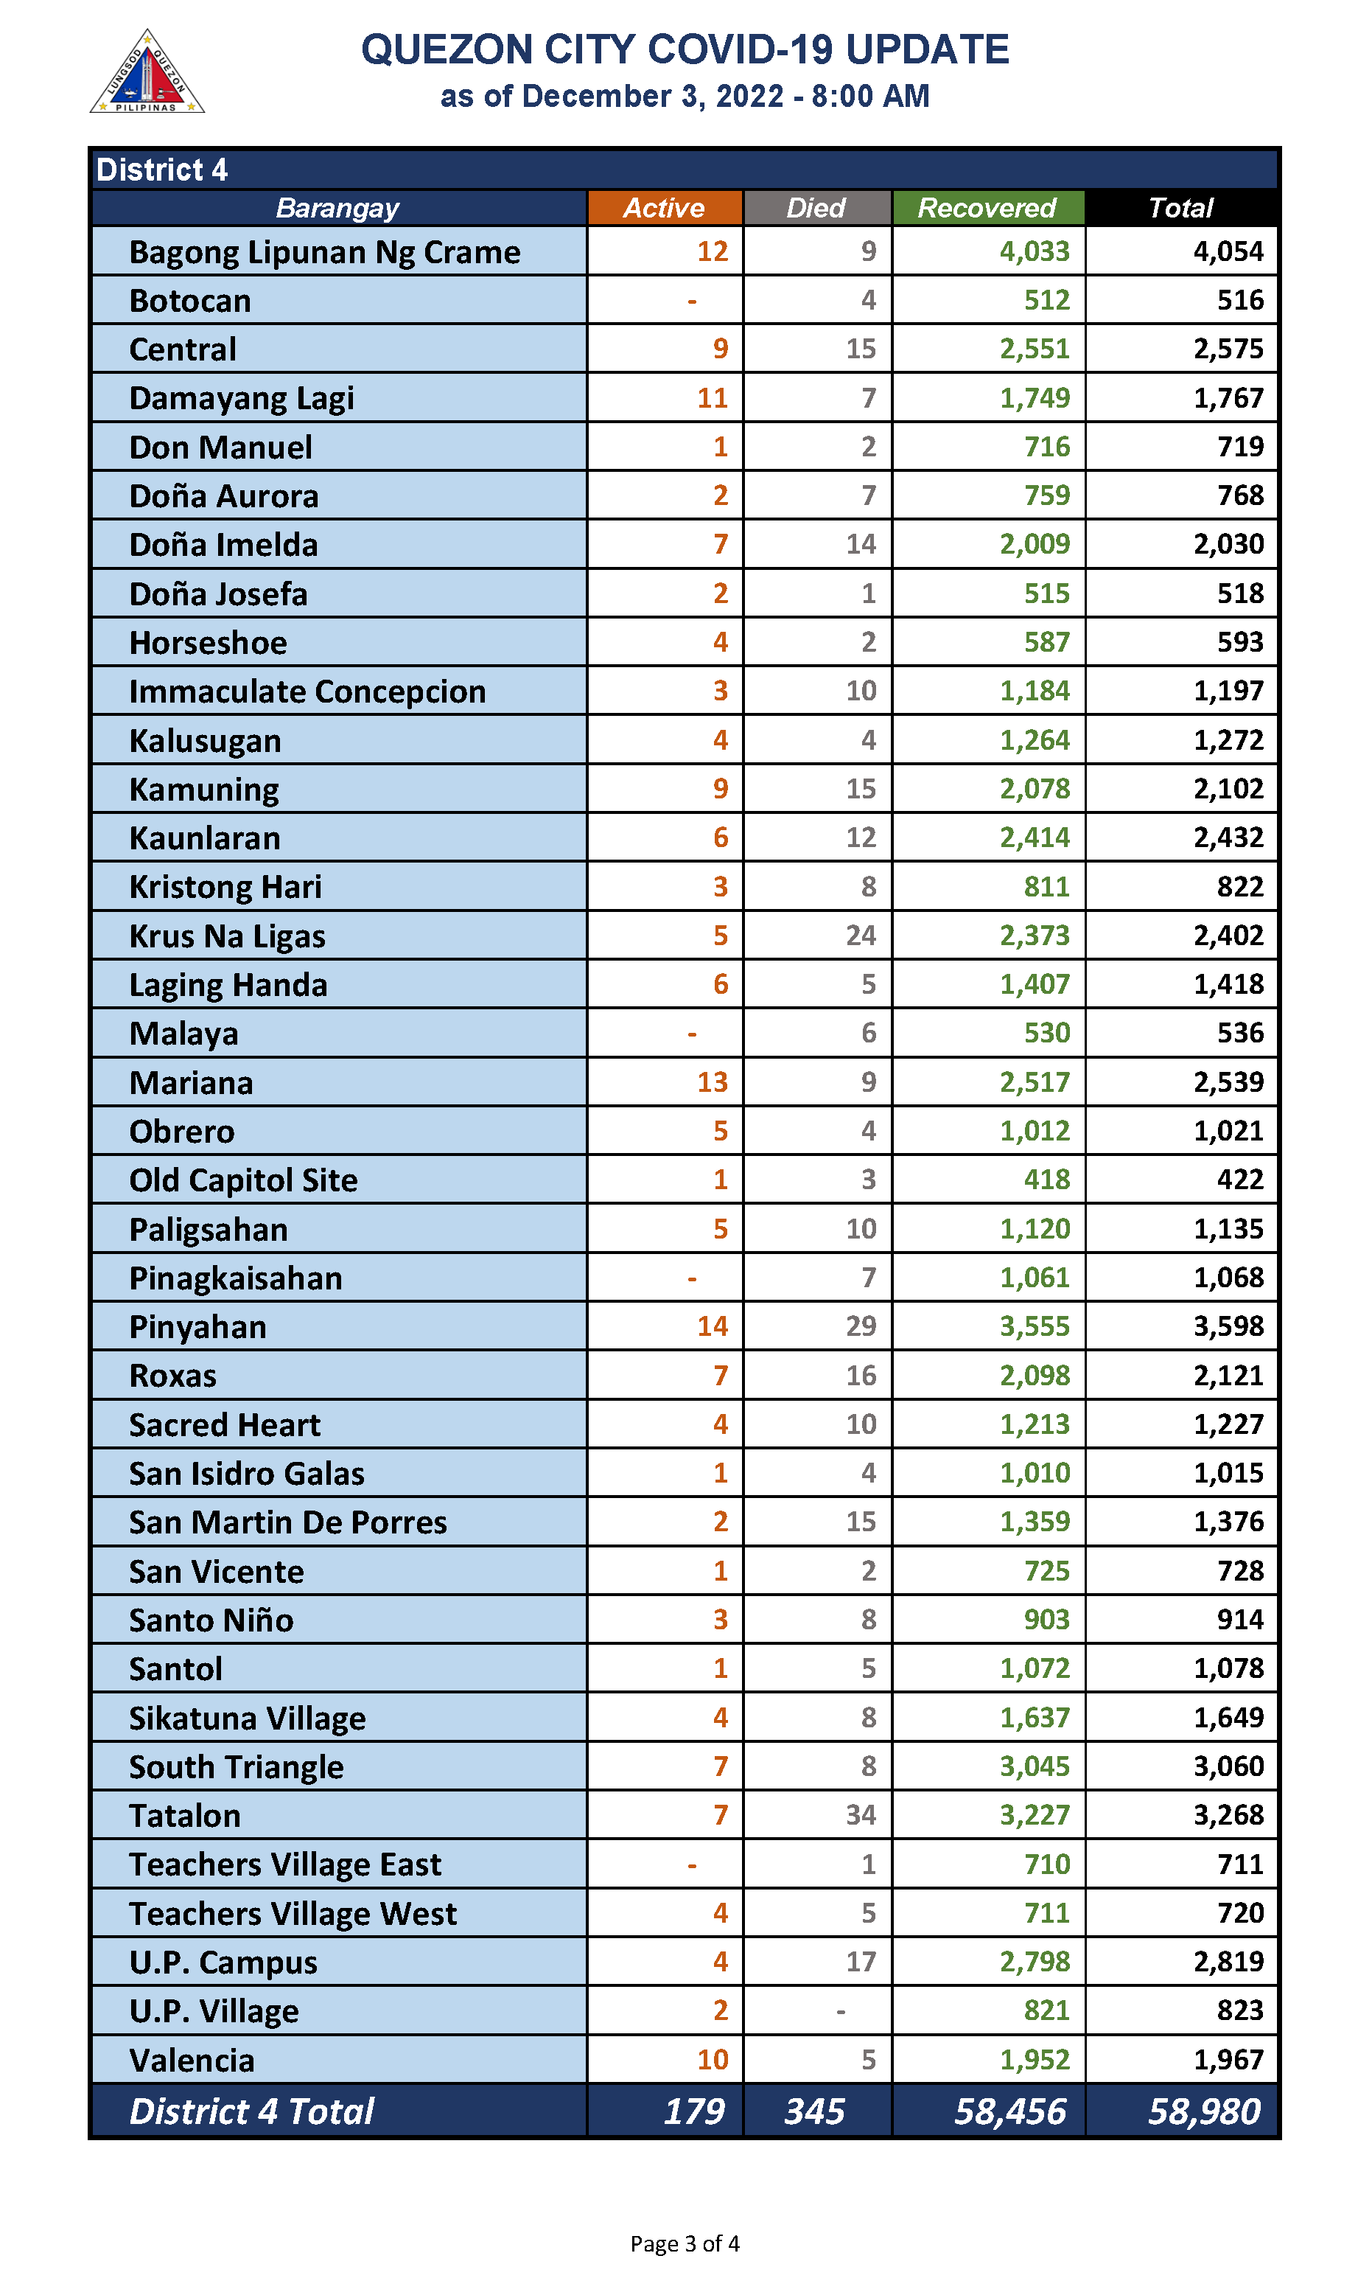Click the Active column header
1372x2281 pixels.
(x=664, y=208)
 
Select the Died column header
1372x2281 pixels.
(x=816, y=208)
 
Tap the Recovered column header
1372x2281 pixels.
(x=987, y=208)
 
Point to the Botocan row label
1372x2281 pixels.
(x=190, y=302)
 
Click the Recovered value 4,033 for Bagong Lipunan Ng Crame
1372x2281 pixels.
(x=1035, y=251)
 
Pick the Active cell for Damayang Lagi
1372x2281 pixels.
(x=712, y=399)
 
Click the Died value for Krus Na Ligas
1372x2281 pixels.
(x=861, y=935)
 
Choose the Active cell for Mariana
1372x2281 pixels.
(x=712, y=1082)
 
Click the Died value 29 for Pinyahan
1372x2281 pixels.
(x=861, y=1326)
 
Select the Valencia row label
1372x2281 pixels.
(x=192, y=2060)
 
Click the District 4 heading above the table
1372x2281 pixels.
(x=162, y=170)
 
